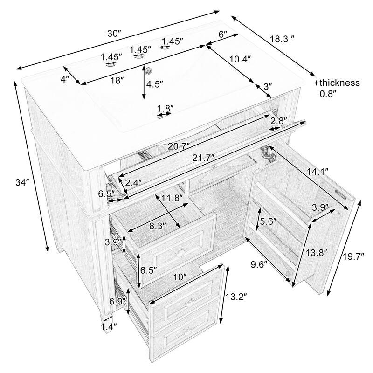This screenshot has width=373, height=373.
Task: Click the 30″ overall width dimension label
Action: coord(114,34)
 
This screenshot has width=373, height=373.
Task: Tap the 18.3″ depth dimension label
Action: coord(283,40)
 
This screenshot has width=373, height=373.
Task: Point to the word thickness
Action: coord(339,83)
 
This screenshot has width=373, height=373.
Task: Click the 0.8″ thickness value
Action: coord(328,94)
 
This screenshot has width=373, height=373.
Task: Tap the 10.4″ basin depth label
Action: coord(240,59)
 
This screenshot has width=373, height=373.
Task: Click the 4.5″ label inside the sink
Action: coord(154,84)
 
